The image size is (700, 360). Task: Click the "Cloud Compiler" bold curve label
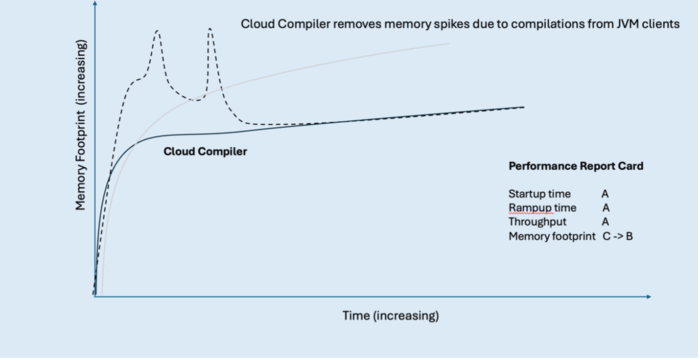(x=205, y=152)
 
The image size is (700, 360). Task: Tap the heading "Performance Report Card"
(x=576, y=166)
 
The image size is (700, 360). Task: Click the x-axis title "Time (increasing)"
(x=391, y=316)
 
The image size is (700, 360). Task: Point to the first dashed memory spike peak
(x=157, y=30)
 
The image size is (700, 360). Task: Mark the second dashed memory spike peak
(x=210, y=29)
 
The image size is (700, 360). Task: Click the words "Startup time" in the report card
(x=539, y=194)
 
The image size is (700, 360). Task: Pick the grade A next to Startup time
(x=605, y=194)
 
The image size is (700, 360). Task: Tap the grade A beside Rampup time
(x=606, y=208)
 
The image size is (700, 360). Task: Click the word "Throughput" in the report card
(x=538, y=222)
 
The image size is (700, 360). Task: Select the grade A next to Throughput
(x=605, y=222)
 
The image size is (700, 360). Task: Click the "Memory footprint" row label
(x=552, y=236)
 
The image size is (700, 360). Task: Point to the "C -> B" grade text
(x=617, y=236)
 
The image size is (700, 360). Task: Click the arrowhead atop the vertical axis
(x=95, y=4)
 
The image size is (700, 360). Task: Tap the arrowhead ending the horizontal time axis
(x=648, y=297)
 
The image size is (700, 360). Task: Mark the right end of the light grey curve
(x=449, y=43)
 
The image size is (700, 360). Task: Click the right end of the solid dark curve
(x=524, y=107)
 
